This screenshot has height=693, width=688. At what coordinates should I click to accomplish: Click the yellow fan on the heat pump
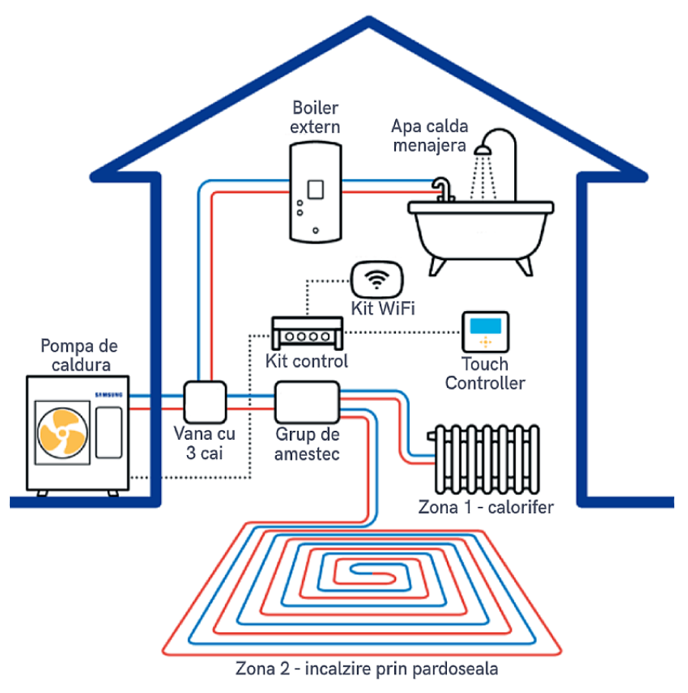point(63,432)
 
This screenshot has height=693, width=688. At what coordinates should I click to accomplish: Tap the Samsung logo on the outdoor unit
point(109,395)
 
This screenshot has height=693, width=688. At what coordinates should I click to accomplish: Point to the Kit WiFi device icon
point(377,279)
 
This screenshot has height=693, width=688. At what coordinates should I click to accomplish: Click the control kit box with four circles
point(307,333)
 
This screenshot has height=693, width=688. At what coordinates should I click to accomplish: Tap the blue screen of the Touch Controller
point(486,326)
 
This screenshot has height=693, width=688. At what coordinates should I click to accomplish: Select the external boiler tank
point(315,192)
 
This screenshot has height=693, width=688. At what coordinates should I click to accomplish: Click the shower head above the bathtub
point(483,151)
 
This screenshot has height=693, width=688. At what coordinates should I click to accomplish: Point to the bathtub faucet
point(443,190)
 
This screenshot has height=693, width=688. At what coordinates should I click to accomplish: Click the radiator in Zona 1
point(484,459)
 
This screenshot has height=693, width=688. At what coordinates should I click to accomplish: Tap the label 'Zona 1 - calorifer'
point(486,507)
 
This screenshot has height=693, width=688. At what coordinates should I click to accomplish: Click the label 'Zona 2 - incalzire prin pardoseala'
point(367,669)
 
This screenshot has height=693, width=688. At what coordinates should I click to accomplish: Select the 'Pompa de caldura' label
point(79,355)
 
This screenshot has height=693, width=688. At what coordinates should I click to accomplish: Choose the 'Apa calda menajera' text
point(429,136)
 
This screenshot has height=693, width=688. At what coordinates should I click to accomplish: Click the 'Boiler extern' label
point(315,117)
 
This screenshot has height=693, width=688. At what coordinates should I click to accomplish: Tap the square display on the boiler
point(316,190)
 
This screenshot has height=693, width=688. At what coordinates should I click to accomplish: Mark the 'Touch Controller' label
point(485,374)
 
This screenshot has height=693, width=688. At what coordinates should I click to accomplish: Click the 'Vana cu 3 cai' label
point(204,443)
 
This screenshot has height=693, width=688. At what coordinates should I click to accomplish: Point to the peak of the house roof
point(368,18)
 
